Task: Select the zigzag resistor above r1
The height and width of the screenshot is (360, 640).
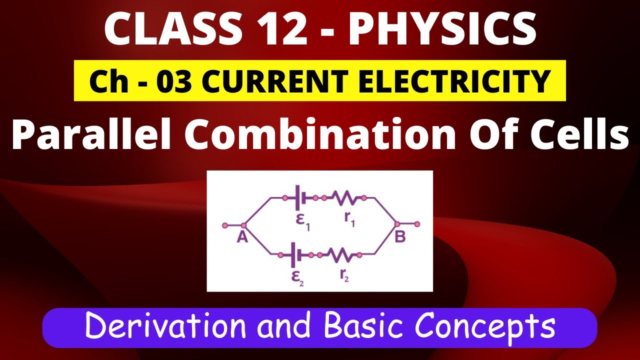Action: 345,199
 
